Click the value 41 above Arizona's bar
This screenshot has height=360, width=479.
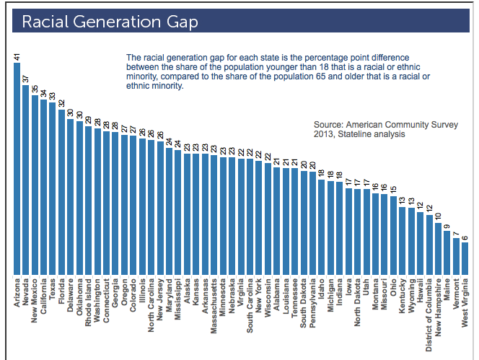tap(17, 56)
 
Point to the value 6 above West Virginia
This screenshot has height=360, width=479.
tap(465, 236)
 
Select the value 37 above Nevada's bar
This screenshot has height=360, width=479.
tap(26, 78)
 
